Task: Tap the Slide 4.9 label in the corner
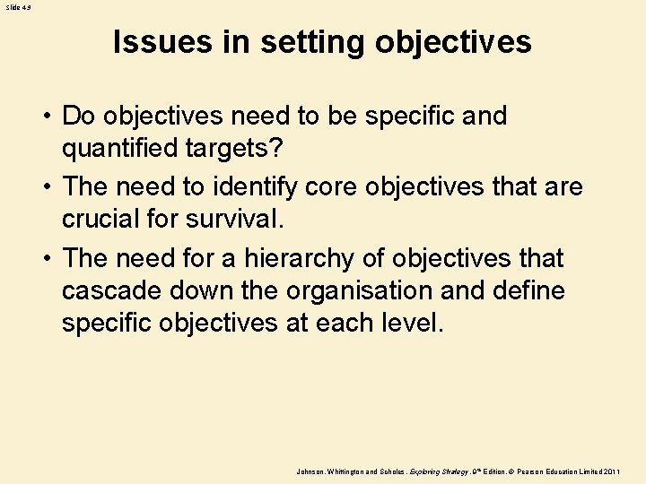19,6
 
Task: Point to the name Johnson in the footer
312,471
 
